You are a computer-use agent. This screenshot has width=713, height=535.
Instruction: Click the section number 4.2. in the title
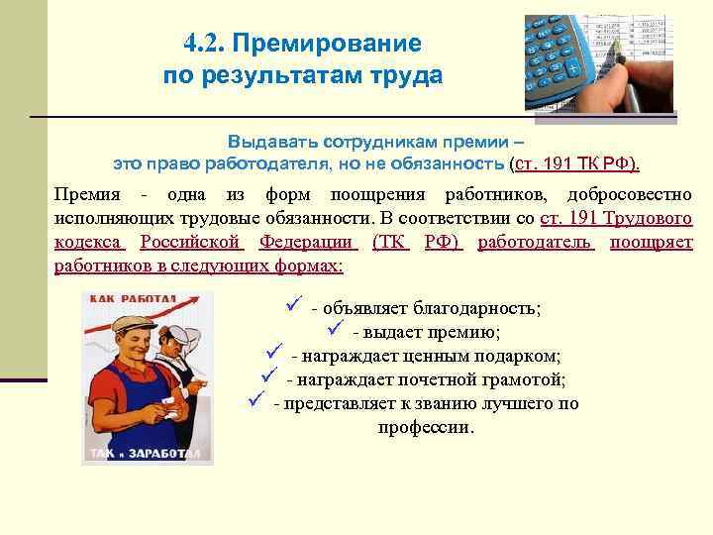pyautogui.click(x=204, y=44)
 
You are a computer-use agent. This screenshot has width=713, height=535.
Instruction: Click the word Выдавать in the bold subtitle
pyautogui.click(x=266, y=141)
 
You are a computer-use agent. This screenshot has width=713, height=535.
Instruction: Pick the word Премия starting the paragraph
pyautogui.click(x=86, y=194)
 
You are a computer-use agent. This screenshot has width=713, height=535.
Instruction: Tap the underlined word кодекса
pyautogui.click(x=88, y=242)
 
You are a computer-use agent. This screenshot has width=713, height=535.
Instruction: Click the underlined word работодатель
pyautogui.click(x=536, y=242)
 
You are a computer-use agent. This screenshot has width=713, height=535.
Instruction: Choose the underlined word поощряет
pyautogui.click(x=651, y=242)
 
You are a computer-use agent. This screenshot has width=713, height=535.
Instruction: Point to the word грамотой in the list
pyautogui.click(x=530, y=379)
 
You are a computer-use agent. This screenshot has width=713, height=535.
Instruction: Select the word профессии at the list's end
pyautogui.click(x=426, y=428)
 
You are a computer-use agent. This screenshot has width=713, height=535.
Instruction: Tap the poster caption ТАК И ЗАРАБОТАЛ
pyautogui.click(x=148, y=454)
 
